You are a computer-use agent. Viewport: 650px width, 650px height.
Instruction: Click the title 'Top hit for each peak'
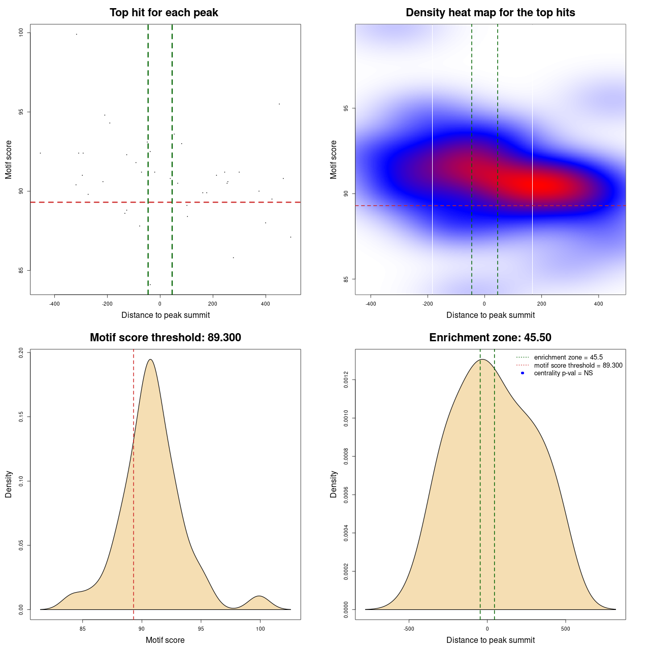164,13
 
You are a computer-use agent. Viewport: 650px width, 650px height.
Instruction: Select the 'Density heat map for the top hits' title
490,13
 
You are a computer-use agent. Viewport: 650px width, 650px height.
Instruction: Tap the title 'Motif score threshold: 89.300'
165,338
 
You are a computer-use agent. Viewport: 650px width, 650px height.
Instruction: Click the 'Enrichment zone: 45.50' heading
490,338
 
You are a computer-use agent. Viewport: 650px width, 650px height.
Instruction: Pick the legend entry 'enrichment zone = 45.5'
568,357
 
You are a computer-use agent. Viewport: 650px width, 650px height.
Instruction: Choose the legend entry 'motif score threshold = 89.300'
578,366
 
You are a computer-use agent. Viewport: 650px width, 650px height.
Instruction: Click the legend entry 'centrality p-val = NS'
563,373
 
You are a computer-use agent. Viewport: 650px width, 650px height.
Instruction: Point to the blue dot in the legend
523,373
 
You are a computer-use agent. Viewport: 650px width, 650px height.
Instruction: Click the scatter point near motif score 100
76,34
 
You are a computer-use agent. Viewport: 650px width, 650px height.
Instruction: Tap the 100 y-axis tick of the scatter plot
21,32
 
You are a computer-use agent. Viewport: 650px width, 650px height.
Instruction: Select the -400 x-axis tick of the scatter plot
54,304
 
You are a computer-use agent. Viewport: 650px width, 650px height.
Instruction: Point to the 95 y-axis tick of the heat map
346,108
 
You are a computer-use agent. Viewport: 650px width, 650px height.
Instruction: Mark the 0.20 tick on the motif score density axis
21,352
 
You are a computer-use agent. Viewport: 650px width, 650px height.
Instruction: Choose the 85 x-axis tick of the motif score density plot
83,629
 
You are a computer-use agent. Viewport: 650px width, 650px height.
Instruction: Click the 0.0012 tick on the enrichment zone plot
346,380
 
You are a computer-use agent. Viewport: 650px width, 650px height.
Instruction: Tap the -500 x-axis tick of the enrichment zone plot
409,629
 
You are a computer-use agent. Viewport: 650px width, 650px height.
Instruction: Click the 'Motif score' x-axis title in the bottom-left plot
165,640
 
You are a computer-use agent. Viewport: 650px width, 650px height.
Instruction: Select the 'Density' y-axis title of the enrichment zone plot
334,484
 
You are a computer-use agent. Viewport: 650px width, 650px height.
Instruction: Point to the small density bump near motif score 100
259,598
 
